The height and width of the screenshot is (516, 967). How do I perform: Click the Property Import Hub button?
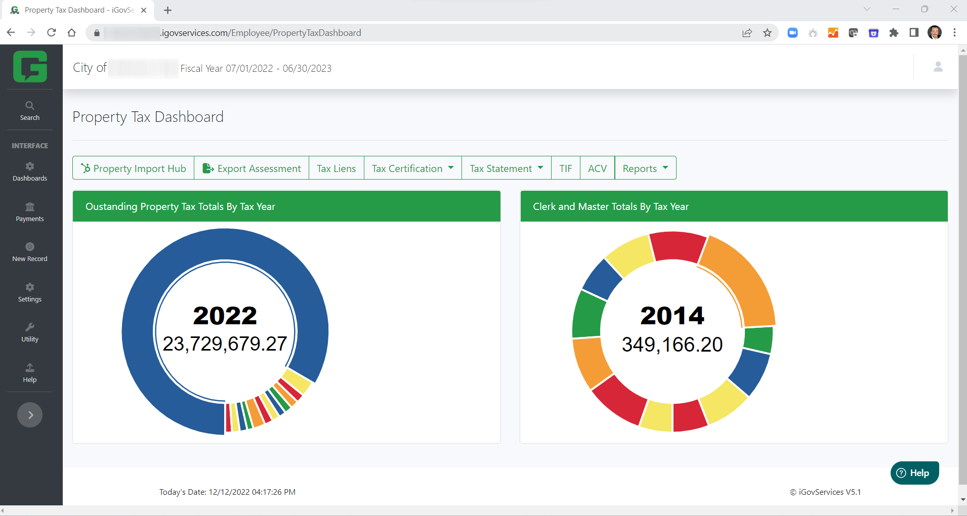pos(134,168)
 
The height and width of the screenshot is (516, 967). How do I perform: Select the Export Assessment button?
pos(251,168)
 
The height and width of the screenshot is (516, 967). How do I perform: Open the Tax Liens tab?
pos(336,168)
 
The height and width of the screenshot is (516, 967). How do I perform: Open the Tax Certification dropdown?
pos(412,168)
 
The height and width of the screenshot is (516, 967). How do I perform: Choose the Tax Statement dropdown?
pos(506,168)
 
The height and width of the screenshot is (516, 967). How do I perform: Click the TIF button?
pos(565,168)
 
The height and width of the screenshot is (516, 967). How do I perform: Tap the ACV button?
pos(597,168)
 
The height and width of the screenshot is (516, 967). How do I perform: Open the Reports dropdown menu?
pos(645,168)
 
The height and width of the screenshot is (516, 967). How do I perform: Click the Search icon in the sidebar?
pos(30,110)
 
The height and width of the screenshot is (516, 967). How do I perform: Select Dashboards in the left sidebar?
pos(30,171)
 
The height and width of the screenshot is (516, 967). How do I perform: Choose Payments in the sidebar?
pos(30,212)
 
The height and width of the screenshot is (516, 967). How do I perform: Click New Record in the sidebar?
pos(30,252)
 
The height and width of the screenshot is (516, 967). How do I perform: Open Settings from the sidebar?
pos(30,292)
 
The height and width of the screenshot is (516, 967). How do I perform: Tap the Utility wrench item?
pos(30,332)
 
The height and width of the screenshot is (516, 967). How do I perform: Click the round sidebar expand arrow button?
pos(30,415)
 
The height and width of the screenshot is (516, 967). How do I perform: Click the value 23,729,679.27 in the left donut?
pos(225,344)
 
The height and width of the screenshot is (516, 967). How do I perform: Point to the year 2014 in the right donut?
pos(672,316)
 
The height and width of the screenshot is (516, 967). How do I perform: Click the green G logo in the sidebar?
pos(30,66)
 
